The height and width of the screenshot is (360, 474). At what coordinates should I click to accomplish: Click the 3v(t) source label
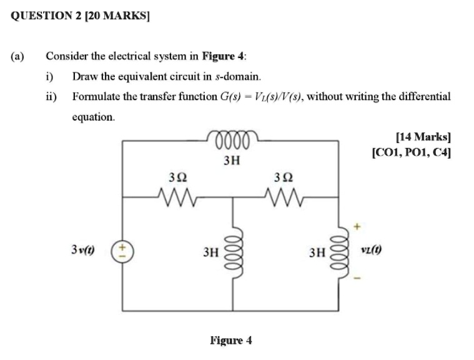pos(82,251)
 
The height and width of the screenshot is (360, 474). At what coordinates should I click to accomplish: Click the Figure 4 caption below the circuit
pos(231,341)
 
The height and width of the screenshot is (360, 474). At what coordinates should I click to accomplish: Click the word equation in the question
pos(94,116)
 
